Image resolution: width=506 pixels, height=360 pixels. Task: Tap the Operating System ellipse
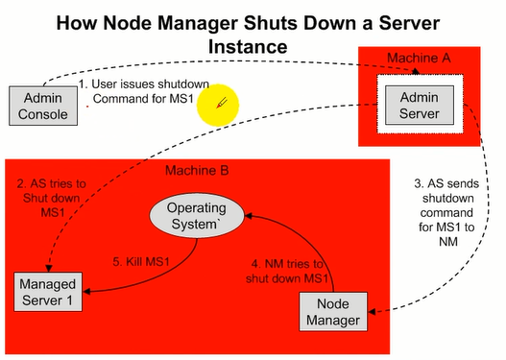(196, 217)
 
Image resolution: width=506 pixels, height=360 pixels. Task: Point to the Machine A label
(419, 59)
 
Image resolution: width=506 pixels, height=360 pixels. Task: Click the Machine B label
(198, 172)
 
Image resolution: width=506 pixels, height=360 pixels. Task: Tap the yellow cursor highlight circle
(218, 106)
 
